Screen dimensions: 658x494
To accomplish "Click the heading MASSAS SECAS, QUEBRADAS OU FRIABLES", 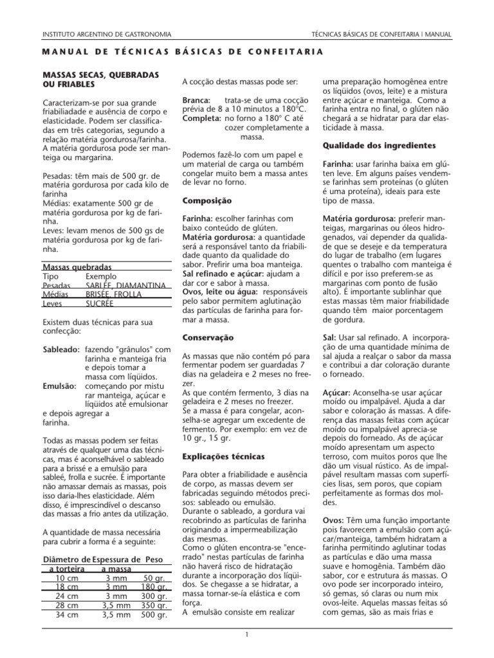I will point(100,80).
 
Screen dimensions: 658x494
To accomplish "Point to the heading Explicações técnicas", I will point(223,456).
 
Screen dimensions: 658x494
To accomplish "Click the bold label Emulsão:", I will point(59,386).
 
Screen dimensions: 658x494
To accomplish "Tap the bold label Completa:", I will point(203,120).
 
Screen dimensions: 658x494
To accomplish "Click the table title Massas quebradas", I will point(77,267).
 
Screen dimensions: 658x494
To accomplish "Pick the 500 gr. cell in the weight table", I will point(154,614).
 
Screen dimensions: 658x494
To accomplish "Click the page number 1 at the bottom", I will point(246,635).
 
